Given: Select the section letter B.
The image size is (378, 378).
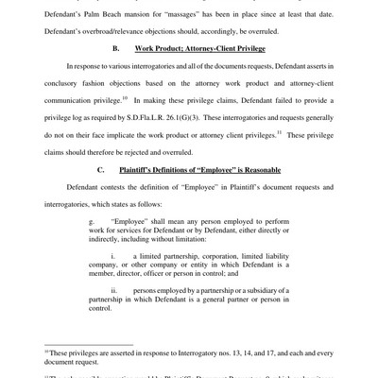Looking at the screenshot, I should click(x=116, y=47).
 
